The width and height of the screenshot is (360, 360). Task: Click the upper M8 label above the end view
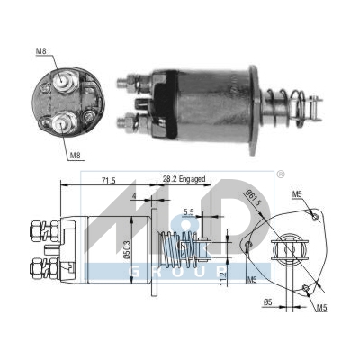[41, 51]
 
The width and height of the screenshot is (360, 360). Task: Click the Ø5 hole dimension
[268, 302]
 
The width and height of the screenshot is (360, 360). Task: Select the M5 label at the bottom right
[321, 308]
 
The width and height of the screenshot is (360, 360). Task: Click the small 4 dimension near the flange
[133, 197]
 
